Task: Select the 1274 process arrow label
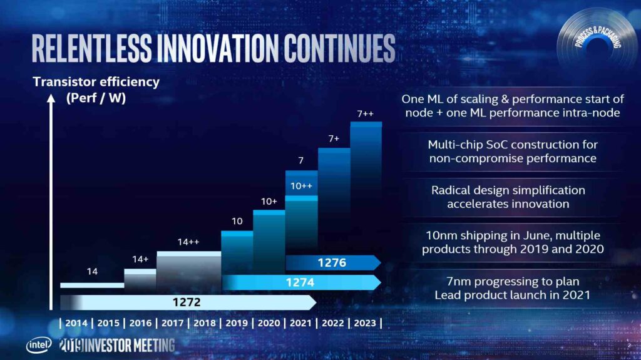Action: pos(301,282)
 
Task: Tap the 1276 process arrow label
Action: pos(332,262)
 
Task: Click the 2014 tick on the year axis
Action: pos(76,323)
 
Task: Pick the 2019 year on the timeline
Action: pos(237,323)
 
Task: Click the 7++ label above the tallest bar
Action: pos(366,113)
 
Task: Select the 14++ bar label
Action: pos(188,242)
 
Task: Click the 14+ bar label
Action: pos(140,259)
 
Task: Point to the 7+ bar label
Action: pos(334,139)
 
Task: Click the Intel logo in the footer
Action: pos(37,345)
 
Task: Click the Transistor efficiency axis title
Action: pos(96,82)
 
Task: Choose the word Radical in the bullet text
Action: pos(453,190)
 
